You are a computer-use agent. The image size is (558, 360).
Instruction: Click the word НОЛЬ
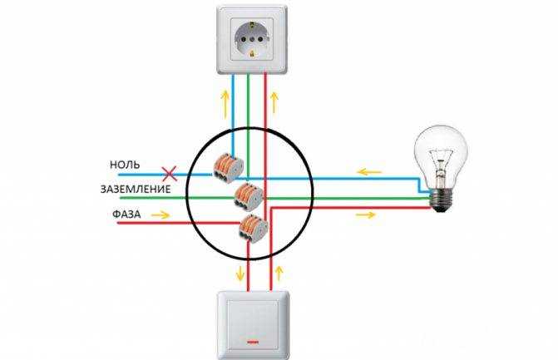[x=125, y=165]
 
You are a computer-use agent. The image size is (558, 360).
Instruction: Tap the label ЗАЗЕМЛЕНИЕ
[x=136, y=189]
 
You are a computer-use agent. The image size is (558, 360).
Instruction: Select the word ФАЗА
[x=126, y=215]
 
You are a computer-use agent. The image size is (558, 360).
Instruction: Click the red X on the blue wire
[x=170, y=174]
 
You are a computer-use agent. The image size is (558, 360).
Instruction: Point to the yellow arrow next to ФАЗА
[x=160, y=215]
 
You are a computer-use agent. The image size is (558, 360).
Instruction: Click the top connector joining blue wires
[x=229, y=165]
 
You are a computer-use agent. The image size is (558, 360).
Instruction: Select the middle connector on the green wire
[x=249, y=195]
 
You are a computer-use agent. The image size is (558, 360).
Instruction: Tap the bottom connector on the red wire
[x=254, y=228]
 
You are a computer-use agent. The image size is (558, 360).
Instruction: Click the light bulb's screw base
[x=442, y=200]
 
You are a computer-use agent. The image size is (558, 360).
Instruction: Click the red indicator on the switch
[x=252, y=343]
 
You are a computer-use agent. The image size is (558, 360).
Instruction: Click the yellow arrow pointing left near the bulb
[x=369, y=173]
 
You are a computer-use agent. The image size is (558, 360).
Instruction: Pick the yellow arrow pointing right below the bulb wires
[x=365, y=215]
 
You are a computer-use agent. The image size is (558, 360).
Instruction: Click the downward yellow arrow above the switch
[x=241, y=273]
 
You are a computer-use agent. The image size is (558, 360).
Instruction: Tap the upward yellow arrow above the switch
[x=279, y=273]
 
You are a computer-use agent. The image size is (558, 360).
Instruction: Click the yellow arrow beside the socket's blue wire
[x=225, y=104]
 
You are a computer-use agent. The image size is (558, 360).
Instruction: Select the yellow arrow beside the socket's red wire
[x=274, y=102]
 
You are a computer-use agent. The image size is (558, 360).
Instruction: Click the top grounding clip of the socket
[x=252, y=25]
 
